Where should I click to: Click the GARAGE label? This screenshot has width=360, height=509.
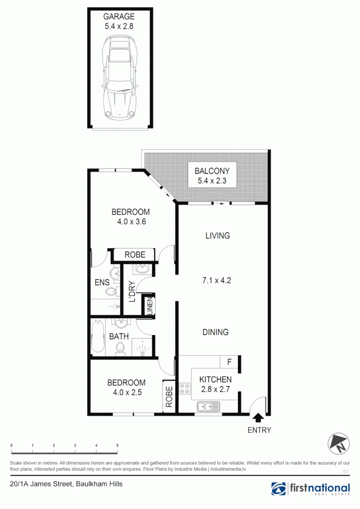coord(119,17)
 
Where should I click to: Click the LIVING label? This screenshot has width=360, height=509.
coord(217,236)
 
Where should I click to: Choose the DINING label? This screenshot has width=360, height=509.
coord(216,332)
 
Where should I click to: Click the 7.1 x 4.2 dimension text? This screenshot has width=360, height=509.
coord(216,280)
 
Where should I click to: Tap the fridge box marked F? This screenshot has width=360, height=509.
coord(229,362)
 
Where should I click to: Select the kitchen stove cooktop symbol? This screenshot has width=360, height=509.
coord(185,389)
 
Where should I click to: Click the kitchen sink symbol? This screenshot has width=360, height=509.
coord(208,406)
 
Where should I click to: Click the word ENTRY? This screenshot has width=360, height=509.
coord(259,430)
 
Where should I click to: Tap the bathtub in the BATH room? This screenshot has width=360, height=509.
coord(98,337)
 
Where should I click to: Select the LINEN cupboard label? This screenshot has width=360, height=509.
coord(150,306)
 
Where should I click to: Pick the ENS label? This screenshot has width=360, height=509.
coord(102,283)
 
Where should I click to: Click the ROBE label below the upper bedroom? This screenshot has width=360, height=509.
coord(135,255)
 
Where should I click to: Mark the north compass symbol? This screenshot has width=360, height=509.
coord(339,443)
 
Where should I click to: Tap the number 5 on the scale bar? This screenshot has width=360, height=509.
coord(117,445)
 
